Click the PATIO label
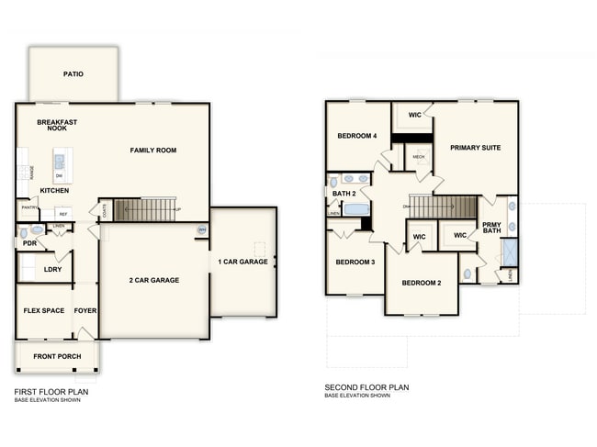73,74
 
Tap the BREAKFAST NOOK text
57,125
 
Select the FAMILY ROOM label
152,151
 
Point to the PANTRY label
28,208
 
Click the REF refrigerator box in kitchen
63,213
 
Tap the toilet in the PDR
38,230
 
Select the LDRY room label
52,270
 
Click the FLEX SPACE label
43,310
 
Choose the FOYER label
85,310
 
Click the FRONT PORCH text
57,356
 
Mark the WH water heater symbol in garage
201,230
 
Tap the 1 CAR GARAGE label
242,262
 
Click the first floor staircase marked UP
148,210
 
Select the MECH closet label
419,157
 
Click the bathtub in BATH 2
356,210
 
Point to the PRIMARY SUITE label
475,147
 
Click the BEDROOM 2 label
421,283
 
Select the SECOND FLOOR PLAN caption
366,387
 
